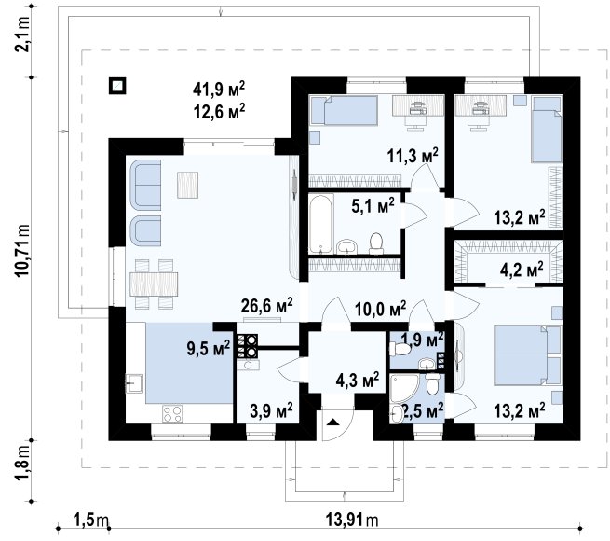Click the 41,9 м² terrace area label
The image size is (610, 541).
[x=219, y=90]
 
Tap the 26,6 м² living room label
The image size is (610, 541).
[x=267, y=306]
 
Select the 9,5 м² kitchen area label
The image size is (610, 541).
[x=209, y=347]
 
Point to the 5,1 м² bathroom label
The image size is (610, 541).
[x=373, y=205]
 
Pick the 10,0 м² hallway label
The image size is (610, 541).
[x=381, y=309]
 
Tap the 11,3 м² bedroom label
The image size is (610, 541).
[x=413, y=156]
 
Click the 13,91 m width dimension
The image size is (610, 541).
[x=351, y=520]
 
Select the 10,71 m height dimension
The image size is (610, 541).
[x=21, y=250]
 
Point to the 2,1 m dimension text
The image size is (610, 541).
[x=21, y=35]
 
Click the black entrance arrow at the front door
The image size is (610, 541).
[x=332, y=422]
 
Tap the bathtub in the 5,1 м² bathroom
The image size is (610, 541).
[x=321, y=224]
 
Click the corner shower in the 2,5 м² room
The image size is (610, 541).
[x=404, y=388]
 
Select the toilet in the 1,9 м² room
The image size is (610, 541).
[x=400, y=349]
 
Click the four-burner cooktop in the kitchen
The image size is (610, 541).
[x=172, y=413]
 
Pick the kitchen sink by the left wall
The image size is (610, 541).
[x=134, y=383]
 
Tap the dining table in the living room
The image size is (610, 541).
[x=154, y=284]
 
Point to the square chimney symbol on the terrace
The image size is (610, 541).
[x=117, y=86]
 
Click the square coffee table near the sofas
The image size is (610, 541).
[x=188, y=185]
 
